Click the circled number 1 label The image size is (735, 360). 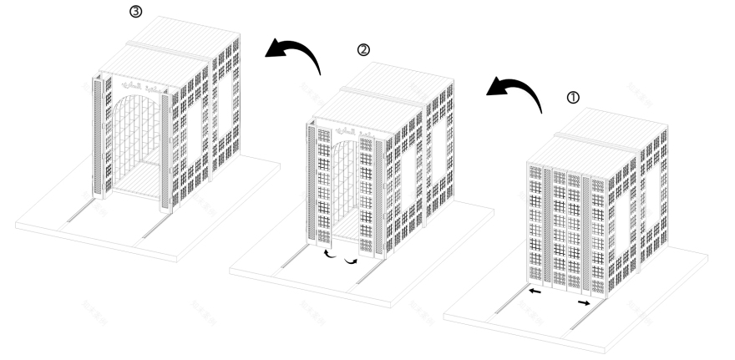[x=572, y=96]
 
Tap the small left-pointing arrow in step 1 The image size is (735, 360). [x=534, y=292]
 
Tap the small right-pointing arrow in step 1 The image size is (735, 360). [x=582, y=303]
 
